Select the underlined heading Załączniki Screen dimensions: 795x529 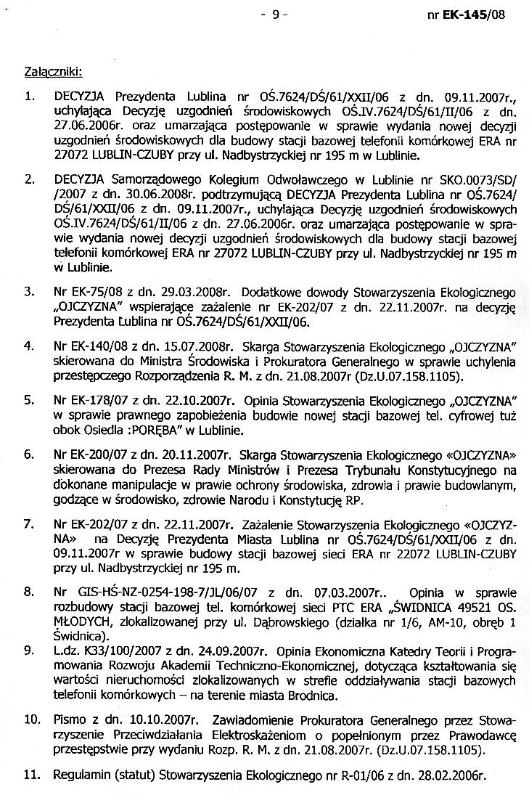[x=53, y=71]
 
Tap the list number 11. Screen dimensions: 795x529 [x=31, y=775]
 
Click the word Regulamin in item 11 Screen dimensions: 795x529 [x=80, y=775]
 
